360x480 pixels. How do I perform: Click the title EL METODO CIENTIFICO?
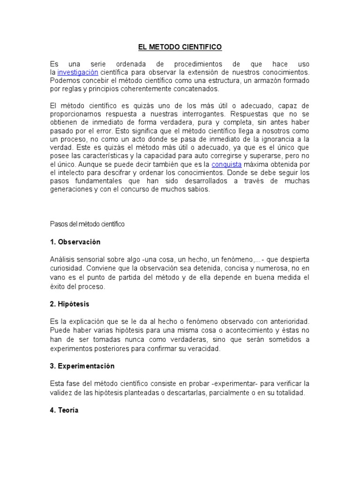[180, 47]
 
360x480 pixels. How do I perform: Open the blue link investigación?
[78, 72]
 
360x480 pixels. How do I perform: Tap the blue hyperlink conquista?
[226, 165]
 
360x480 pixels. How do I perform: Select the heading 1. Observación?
[75, 242]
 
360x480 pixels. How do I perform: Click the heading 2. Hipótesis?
[70, 304]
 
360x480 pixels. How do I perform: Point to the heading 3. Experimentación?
[82, 366]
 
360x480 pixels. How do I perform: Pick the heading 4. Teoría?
[64, 410]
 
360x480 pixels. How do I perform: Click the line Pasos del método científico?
[87, 224]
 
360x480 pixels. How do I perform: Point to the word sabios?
[200, 190]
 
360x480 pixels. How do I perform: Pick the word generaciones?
[72, 190]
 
